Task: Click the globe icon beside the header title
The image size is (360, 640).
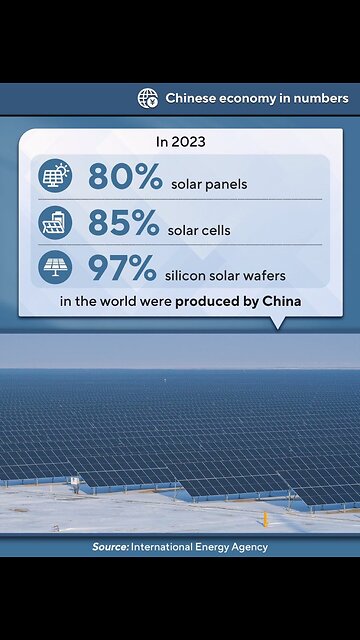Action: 148,98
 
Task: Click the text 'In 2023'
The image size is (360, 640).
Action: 180,142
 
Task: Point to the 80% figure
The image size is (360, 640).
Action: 125,177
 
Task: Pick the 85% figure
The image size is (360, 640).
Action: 124,222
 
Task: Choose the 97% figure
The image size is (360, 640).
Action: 123,267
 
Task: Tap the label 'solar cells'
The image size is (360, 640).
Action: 200,229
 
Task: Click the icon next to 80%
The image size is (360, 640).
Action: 54,177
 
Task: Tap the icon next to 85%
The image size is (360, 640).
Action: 54,222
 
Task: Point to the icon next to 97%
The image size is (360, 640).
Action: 54,267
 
